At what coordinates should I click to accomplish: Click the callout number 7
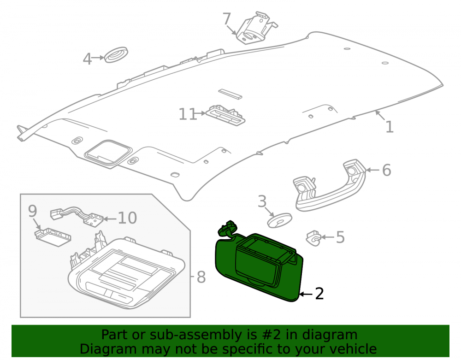tap(227, 19)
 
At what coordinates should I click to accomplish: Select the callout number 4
tap(87, 59)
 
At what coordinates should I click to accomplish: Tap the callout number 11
tap(188, 114)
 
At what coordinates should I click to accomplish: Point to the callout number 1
tap(390, 127)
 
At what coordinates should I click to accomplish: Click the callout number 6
tap(387, 170)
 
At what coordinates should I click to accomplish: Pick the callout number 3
tap(262, 201)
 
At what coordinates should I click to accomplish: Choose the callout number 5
tap(340, 237)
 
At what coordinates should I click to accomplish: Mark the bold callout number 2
tap(319, 294)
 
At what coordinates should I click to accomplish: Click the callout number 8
tap(201, 277)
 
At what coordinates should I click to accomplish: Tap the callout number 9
tap(33, 211)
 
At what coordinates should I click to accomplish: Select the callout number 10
tap(127, 218)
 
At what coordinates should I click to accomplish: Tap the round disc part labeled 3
tap(279, 220)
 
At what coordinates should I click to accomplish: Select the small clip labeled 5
tap(313, 238)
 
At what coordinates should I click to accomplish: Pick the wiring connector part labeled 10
tap(77, 215)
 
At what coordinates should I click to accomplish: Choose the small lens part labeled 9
tap(53, 237)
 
